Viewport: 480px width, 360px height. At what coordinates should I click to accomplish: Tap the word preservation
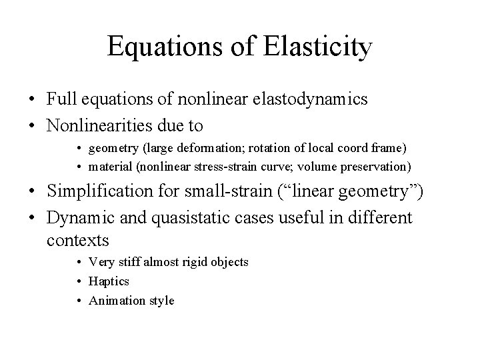click(376, 166)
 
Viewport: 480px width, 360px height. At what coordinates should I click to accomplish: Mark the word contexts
click(77, 239)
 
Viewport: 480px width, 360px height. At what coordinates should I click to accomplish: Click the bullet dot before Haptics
click(79, 282)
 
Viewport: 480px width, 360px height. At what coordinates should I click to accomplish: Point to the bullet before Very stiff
click(79, 263)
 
